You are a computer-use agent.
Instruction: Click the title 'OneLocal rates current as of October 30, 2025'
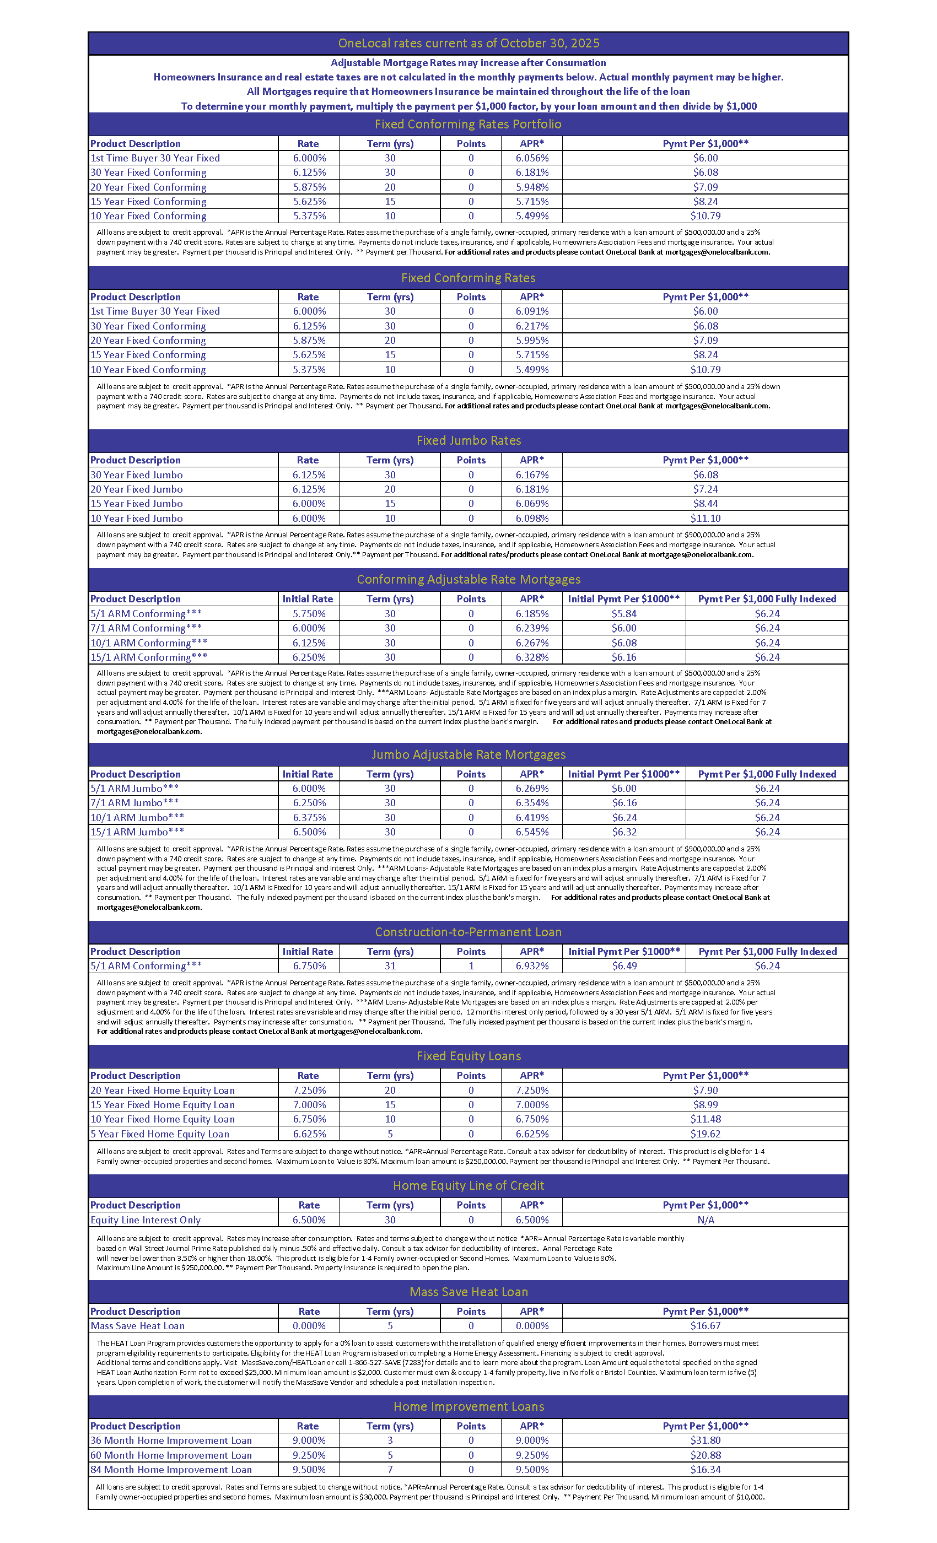(468, 43)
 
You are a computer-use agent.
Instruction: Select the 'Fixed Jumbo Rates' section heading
(468, 440)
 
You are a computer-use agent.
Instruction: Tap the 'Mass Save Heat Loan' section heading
(468, 1292)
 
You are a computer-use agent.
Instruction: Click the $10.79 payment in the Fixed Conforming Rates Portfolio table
(706, 216)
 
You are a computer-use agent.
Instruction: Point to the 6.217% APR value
(532, 326)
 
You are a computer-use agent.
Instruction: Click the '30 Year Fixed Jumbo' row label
(137, 474)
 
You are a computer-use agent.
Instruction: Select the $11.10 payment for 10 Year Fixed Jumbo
(706, 519)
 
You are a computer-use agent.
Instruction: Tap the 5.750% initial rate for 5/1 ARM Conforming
(309, 614)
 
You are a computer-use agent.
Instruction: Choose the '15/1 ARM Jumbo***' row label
(137, 832)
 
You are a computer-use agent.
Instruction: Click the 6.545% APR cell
(532, 832)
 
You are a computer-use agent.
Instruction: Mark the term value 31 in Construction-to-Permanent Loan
(390, 965)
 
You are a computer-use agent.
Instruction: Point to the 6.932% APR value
(532, 965)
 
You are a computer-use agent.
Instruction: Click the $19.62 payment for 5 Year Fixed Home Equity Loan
(706, 1134)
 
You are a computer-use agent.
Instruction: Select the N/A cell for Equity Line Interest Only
(706, 1220)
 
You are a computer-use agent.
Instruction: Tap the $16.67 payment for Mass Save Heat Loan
(706, 1326)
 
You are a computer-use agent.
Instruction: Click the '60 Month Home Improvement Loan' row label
(171, 1455)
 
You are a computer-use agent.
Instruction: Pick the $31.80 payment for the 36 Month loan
(706, 1441)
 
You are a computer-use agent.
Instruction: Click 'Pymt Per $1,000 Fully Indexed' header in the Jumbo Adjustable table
(767, 774)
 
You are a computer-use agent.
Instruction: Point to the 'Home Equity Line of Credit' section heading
(468, 1185)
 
